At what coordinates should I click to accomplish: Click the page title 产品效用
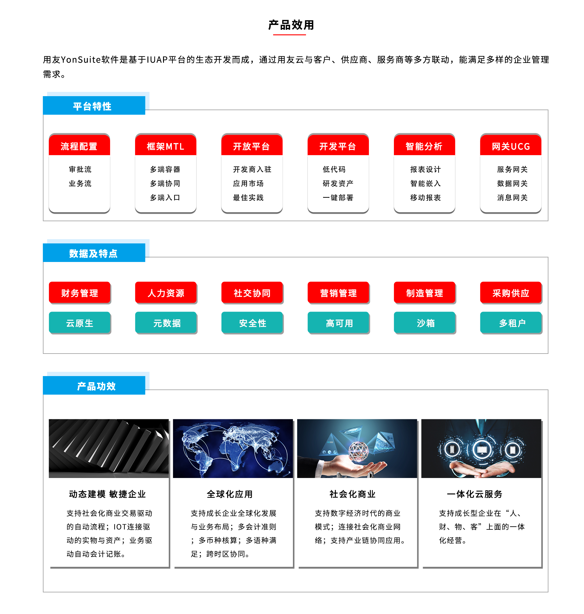point(291,25)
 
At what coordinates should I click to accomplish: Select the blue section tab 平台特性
point(94,105)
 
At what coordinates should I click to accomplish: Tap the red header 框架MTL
point(165,146)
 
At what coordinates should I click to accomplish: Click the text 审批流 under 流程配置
point(80,169)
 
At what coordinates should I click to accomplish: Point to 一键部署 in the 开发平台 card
point(338,198)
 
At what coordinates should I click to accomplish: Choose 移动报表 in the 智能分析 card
point(426,198)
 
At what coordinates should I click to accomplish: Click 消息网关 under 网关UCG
point(513,198)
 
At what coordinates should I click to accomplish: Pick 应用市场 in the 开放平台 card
point(249,184)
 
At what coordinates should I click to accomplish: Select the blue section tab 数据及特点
point(94,253)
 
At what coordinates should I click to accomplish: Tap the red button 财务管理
point(80,292)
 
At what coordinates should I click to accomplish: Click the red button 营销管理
point(338,292)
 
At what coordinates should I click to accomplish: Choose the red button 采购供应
point(511,292)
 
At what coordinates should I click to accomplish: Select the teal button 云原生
point(80,323)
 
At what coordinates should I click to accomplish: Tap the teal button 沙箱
point(425,323)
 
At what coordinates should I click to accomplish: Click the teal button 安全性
point(252,323)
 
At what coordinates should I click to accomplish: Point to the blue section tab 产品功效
point(94,385)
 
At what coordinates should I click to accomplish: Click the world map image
point(233,448)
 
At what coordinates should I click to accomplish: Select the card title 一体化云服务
point(475,494)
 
